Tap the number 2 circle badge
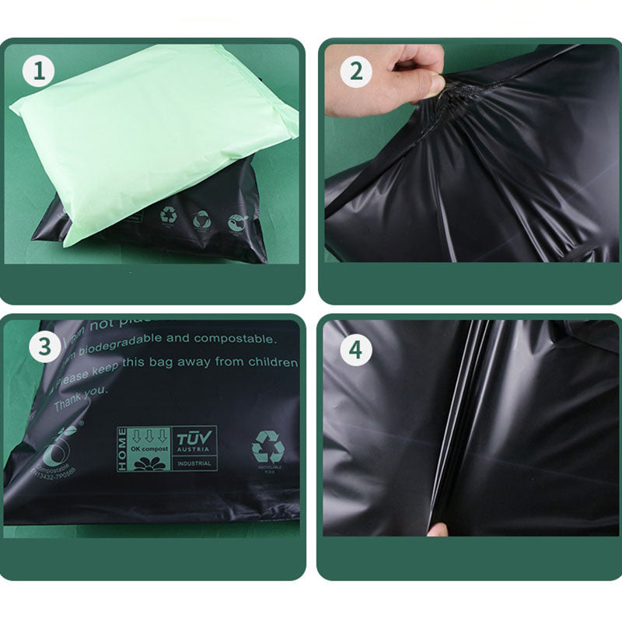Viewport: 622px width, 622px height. point(356,71)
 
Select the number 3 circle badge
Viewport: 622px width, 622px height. point(44,347)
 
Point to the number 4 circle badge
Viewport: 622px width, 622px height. point(355,349)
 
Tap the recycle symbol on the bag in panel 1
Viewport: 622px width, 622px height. point(168,215)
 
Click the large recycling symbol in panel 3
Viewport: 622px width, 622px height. point(265,449)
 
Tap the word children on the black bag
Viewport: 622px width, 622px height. point(274,362)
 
